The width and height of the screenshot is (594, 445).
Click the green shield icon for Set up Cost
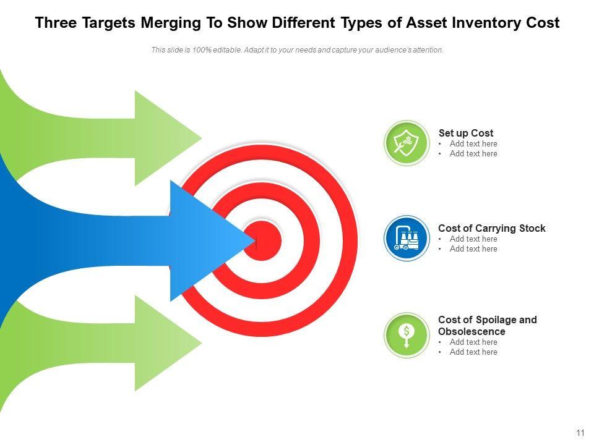[406, 143]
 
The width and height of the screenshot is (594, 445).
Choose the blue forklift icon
[406, 238]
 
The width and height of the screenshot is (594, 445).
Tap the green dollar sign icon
[406, 334]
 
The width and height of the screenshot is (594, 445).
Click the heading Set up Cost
[466, 133]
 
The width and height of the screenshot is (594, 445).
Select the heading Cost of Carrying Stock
[492, 228]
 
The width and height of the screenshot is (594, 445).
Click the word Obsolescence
[471, 331]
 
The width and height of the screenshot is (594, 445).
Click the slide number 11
[580, 433]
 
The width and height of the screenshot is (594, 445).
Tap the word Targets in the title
[108, 23]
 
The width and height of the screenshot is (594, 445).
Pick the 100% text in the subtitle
[192, 50]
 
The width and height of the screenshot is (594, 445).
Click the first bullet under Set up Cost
[473, 144]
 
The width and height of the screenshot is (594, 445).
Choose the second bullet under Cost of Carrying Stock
[473, 249]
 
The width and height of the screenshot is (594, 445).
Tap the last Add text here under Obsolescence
[473, 352]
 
